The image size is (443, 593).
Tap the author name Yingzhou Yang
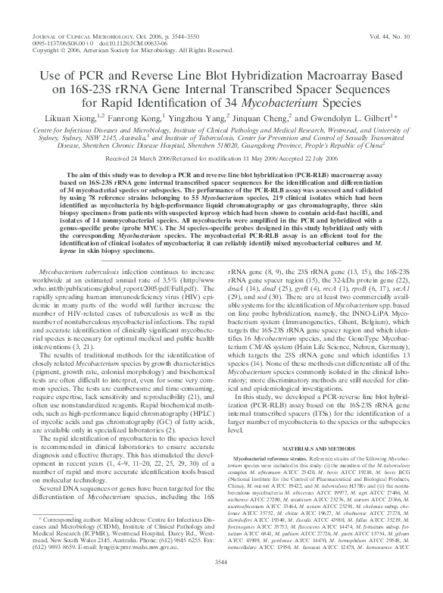click(204, 118)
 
